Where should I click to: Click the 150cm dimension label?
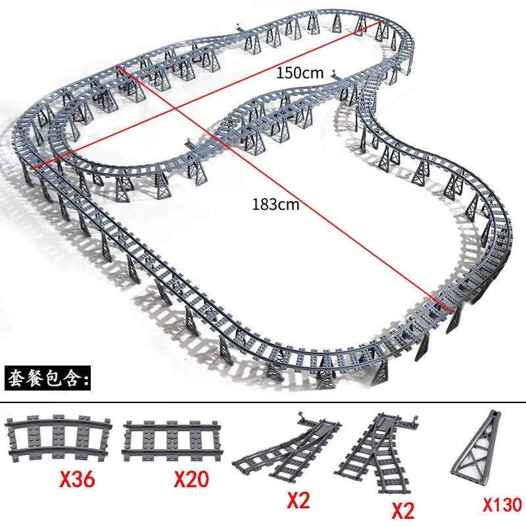[x=300, y=73]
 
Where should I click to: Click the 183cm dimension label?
[x=275, y=204]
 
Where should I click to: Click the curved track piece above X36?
[x=57, y=438]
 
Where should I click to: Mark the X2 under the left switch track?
[x=299, y=502]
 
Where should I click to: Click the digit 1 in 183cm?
[x=255, y=204]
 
